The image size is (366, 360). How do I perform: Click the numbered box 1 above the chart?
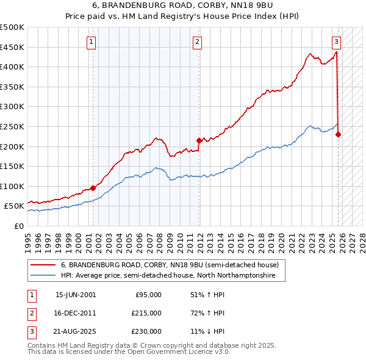pyautogui.click(x=91, y=42)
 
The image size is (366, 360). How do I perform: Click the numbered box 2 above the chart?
pyautogui.click(x=198, y=42)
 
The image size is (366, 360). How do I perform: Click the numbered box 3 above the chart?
pyautogui.click(x=336, y=42)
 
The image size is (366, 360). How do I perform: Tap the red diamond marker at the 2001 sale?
pyautogui.click(x=93, y=188)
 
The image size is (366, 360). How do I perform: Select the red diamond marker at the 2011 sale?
pyautogui.click(x=199, y=140)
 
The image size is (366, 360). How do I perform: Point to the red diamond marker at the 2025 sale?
pyautogui.click(x=339, y=135)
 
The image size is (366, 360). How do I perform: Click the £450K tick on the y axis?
pyautogui.click(x=12, y=47)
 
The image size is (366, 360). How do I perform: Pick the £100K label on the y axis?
pyautogui.click(x=12, y=186)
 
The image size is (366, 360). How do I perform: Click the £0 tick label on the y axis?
pyautogui.click(x=18, y=226)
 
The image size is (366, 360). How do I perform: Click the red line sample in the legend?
pyautogui.click(x=43, y=265)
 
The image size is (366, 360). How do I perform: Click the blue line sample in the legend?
pyautogui.click(x=43, y=276)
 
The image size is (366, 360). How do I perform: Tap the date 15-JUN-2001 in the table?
pyautogui.click(x=76, y=295)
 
